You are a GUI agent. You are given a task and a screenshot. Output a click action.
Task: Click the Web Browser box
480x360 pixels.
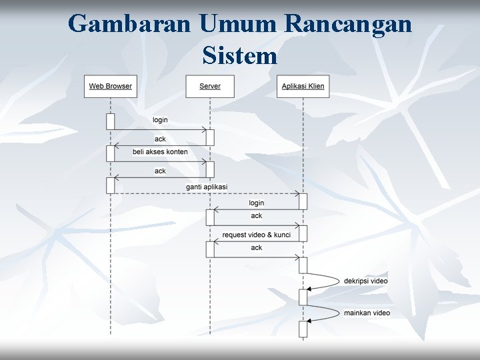tap(110, 86)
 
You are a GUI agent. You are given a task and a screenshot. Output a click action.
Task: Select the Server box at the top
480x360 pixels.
tap(210, 86)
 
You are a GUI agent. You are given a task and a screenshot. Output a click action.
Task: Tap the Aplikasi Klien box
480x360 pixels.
tap(303, 86)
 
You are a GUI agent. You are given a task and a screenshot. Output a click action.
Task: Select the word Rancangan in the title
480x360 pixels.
tap(349, 24)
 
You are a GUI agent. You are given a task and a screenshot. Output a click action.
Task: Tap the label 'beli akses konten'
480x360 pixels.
tap(160, 152)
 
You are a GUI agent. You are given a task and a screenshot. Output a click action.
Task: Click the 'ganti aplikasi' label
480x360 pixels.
tap(207, 187)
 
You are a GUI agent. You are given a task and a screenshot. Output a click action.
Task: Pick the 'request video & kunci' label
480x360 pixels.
tap(256, 235)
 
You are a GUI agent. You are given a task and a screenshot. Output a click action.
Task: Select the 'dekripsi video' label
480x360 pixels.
tap(366, 281)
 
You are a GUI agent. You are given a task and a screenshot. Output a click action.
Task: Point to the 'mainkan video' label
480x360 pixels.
tap(367, 313)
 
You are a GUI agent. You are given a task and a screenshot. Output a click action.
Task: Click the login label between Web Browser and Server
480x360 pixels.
tap(160, 120)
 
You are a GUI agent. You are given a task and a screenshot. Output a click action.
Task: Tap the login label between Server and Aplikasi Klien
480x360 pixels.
tap(256, 203)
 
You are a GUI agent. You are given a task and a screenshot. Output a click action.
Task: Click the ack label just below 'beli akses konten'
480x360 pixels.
tap(160, 171)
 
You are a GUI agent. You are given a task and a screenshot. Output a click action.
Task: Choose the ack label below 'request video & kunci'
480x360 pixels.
tap(256, 248)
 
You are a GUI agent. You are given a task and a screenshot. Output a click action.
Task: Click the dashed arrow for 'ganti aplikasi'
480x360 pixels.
tap(207, 193)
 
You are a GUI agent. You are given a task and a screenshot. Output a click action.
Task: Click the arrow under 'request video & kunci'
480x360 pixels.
tap(256, 241)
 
